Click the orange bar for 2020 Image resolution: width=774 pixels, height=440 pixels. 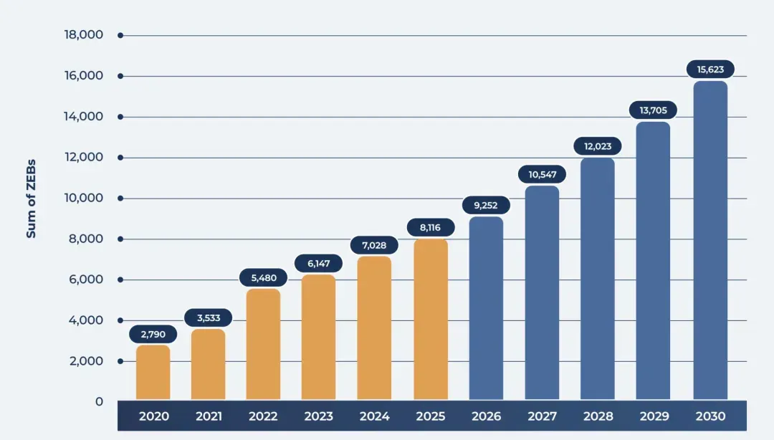[153, 373]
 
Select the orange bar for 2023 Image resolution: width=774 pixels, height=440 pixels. [318, 337]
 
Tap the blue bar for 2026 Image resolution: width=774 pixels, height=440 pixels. [486, 308]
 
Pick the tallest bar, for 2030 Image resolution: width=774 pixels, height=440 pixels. [710, 241]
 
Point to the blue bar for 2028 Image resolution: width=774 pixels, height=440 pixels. [598, 279]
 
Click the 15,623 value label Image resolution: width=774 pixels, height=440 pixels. [710, 70]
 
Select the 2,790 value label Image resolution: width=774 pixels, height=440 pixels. [153, 335]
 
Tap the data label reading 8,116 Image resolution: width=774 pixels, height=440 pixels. [431, 228]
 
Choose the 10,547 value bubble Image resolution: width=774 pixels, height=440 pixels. [542, 174]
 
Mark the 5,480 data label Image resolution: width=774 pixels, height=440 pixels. [264, 278]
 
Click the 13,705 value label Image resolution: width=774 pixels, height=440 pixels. [653, 110]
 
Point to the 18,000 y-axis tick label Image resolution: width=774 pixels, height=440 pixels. [83, 34]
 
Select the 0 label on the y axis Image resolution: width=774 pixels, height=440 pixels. [99, 402]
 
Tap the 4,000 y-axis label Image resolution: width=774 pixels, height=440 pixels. [86, 320]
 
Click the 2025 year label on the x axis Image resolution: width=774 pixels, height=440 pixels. [431, 416]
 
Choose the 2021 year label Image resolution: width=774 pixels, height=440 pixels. [209, 416]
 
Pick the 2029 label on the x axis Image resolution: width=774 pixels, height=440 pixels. [654, 416]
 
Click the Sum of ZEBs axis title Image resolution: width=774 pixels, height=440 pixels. [31, 199]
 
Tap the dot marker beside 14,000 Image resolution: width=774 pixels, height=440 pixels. [120, 117]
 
